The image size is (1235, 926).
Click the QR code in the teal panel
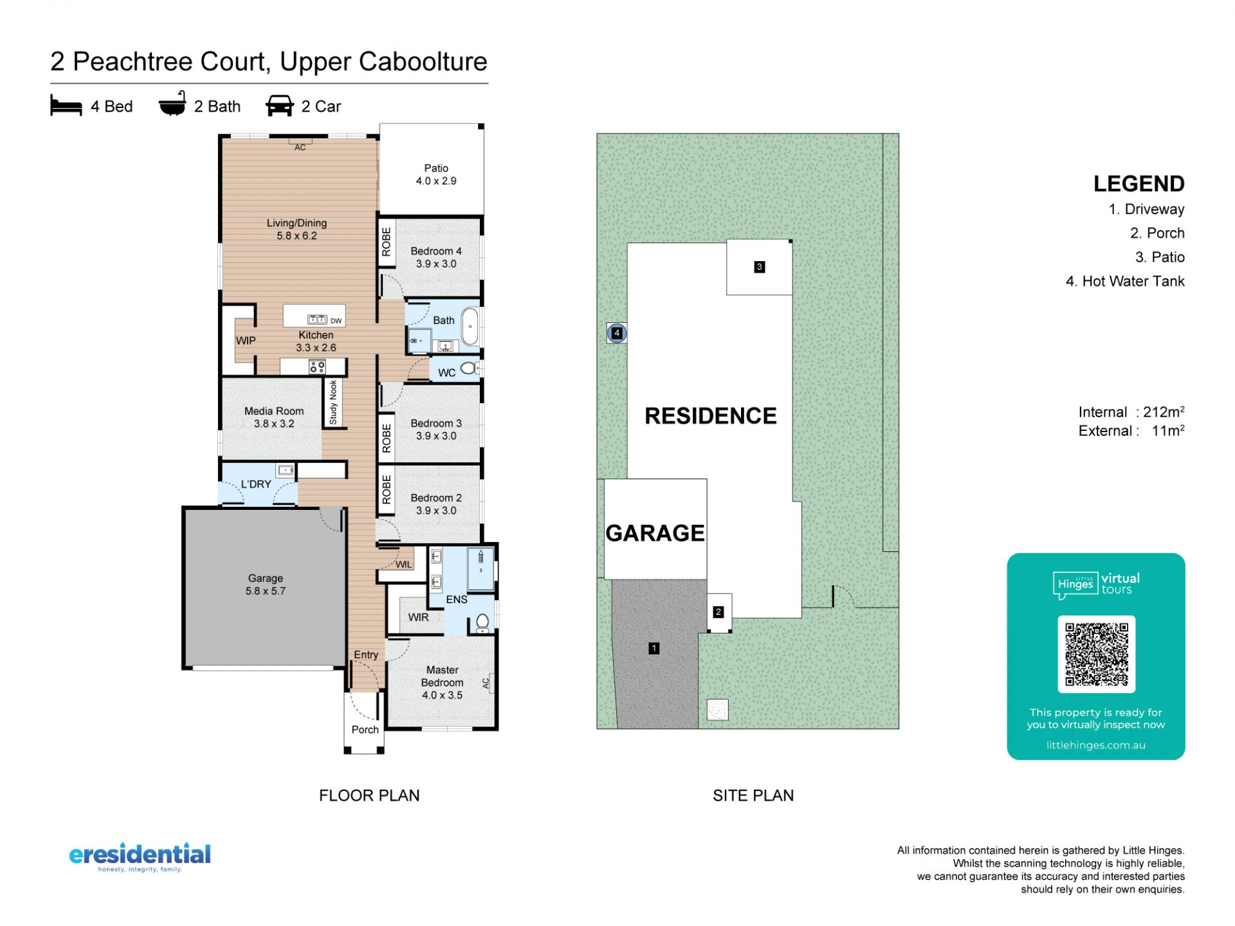pos(1096,654)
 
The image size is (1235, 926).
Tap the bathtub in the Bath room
pos(470,327)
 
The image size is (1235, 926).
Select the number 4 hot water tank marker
pos(617,333)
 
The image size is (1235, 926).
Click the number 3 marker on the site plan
pos(759,267)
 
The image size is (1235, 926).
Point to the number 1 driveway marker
pos(654,648)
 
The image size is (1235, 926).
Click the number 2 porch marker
pos(718,612)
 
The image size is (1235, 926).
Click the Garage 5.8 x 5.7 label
pos(266,585)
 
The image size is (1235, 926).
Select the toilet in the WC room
pos(469,368)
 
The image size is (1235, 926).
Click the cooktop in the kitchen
pos(317,367)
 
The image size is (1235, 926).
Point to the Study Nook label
pos(333,403)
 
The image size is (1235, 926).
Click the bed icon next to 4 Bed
pos(66,105)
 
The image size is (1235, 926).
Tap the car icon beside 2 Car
pos(279,106)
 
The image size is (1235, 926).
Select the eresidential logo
pos(140,857)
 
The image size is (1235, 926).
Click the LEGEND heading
pos(1139,184)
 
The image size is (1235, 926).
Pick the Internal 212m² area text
pos(1131,412)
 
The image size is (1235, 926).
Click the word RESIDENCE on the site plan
pos(711,416)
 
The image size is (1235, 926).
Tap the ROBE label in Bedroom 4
pos(386,242)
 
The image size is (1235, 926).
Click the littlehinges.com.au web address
pos(1096,745)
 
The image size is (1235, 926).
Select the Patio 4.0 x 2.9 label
pos(436,175)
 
